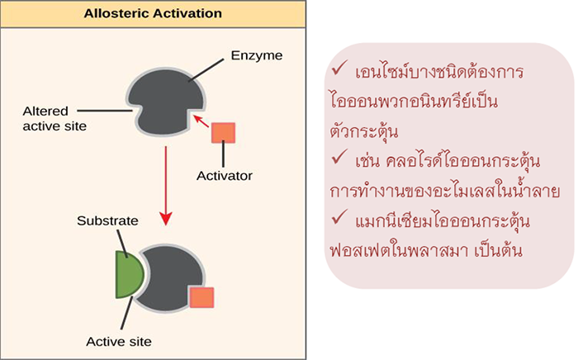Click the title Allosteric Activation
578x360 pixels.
pyautogui.click(x=153, y=13)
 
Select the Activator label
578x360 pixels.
pyautogui.click(x=224, y=175)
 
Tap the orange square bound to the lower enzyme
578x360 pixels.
pyautogui.click(x=201, y=298)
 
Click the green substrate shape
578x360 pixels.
pyautogui.click(x=130, y=272)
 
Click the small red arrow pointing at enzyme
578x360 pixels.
pyautogui.click(x=201, y=124)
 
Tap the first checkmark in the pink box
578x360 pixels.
pyautogui.click(x=339, y=69)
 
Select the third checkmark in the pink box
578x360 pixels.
pyautogui.click(x=339, y=220)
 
